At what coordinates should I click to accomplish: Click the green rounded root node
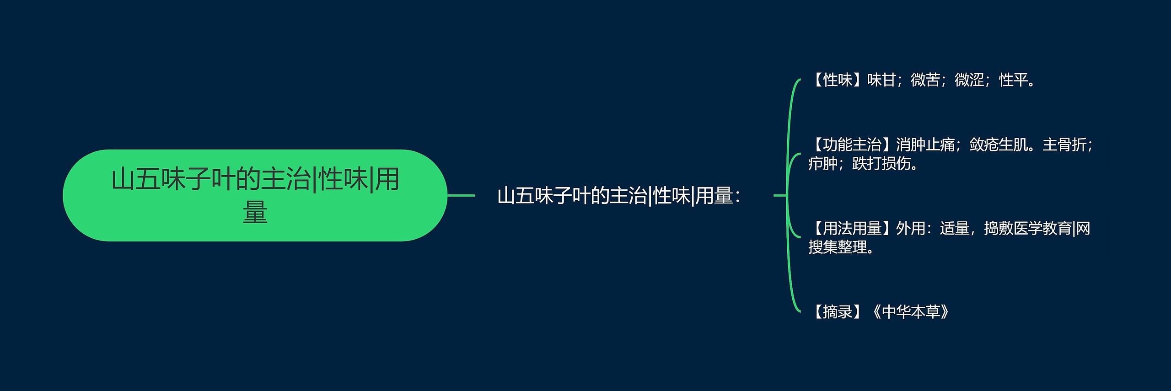click(x=255, y=195)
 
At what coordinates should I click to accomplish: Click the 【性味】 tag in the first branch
click(x=837, y=80)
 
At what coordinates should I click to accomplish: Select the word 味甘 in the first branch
click(x=881, y=80)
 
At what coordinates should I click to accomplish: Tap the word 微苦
click(x=925, y=80)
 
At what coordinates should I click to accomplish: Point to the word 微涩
click(x=969, y=80)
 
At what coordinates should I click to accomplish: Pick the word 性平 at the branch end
click(x=1013, y=80)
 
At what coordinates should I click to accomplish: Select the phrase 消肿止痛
click(x=925, y=145)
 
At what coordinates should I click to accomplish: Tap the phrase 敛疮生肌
click(x=998, y=145)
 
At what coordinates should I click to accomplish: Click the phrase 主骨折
click(x=1064, y=145)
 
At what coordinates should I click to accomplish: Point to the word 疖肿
click(x=822, y=163)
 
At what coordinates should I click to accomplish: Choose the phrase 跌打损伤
click(x=881, y=163)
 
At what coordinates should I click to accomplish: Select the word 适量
click(x=954, y=228)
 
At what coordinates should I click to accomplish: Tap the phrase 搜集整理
click(x=838, y=247)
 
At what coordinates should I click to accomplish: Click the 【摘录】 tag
click(x=837, y=311)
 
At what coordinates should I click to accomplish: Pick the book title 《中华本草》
click(x=910, y=311)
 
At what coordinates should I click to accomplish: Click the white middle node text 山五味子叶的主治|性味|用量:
click(x=619, y=196)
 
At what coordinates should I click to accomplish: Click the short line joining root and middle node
click(x=461, y=195)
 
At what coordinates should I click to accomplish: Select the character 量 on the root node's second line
click(x=255, y=212)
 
